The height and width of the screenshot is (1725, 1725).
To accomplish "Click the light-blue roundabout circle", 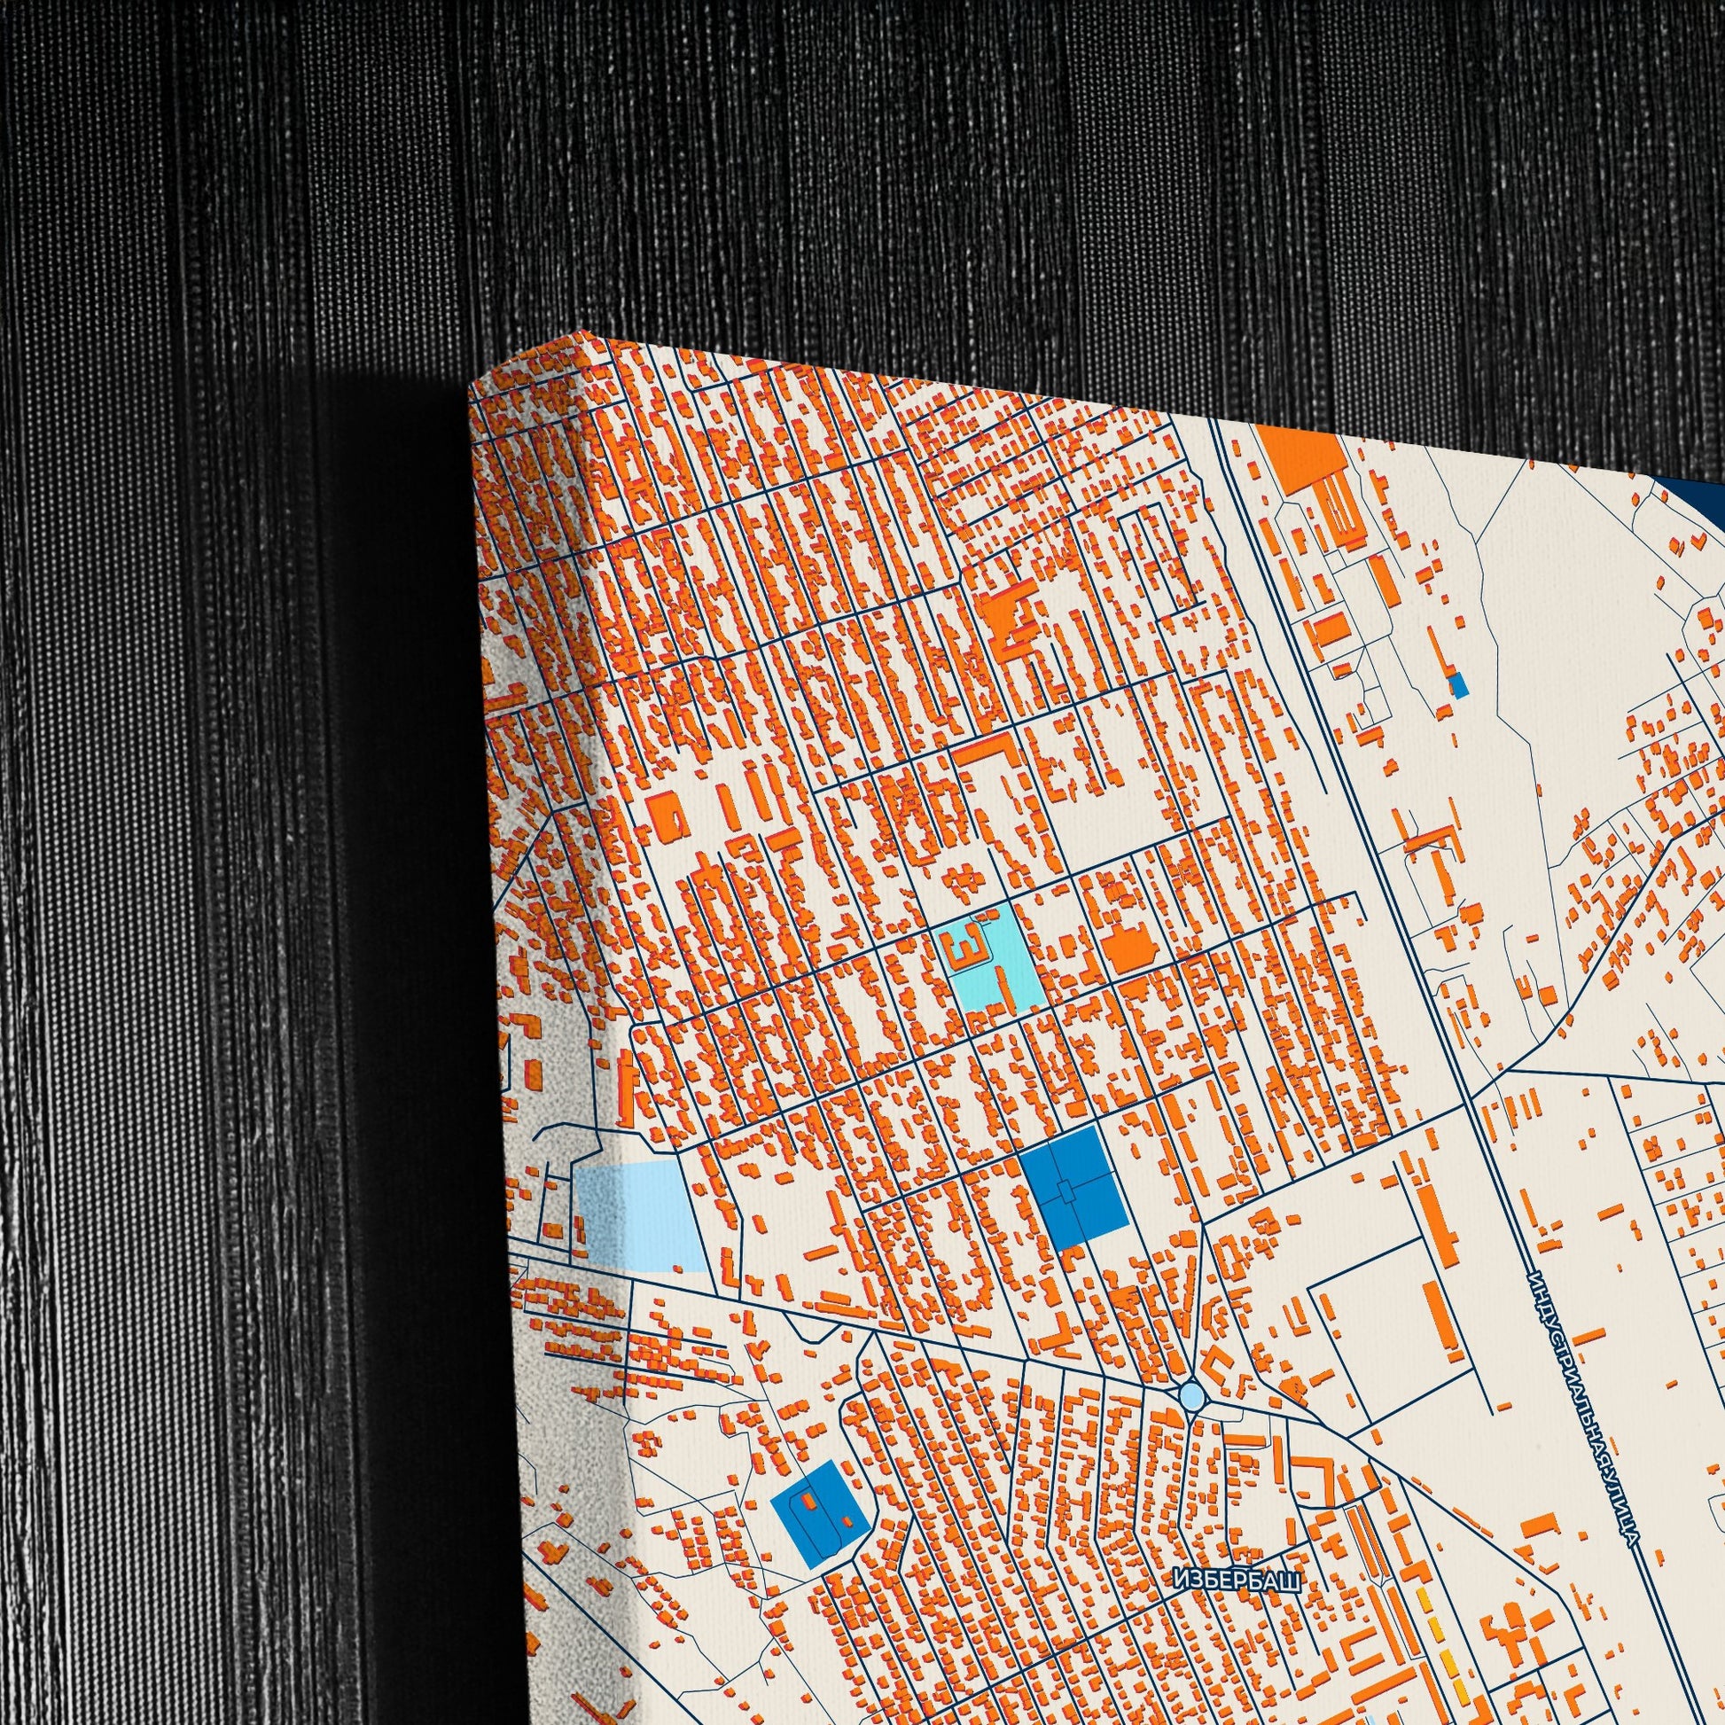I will pyautogui.click(x=1191, y=1393).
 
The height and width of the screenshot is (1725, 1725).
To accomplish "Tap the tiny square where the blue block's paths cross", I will pyautogui.click(x=1069, y=1191).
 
